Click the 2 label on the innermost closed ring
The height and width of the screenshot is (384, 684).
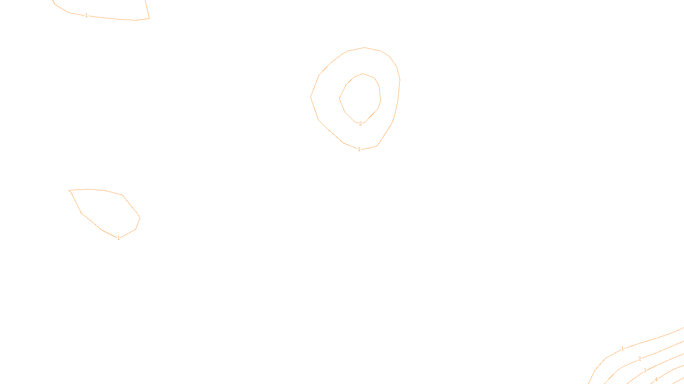(x=360, y=124)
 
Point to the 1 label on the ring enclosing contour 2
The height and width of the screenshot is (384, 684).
(x=359, y=149)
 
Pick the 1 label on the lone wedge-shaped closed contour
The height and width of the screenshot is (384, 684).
(x=118, y=238)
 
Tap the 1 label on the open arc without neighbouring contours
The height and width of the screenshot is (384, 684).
(x=86, y=15)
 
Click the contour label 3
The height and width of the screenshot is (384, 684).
(x=645, y=371)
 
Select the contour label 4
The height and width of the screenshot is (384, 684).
(x=656, y=379)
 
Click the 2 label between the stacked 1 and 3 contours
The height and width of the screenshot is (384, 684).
(x=640, y=359)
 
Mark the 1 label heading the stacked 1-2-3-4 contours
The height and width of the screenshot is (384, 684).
(x=622, y=349)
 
